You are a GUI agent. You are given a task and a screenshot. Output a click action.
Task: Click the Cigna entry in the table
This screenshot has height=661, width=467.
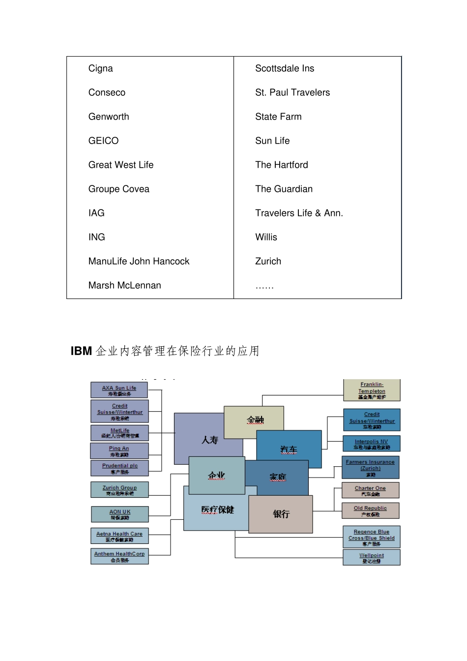[101, 68]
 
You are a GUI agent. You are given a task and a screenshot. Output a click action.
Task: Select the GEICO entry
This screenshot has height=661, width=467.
[103, 141]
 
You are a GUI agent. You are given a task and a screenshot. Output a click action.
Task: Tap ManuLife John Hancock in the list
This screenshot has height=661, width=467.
[139, 261]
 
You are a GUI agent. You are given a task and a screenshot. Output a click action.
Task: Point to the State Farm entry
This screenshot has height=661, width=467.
[278, 117]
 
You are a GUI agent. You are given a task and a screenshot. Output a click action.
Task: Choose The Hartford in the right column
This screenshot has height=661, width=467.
[282, 165]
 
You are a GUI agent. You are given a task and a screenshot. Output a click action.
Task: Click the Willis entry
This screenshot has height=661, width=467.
[266, 237]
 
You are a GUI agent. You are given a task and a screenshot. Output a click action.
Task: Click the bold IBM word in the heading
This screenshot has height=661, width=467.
[81, 351]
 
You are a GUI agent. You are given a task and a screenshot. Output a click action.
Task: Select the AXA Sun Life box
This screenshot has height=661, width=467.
[119, 391]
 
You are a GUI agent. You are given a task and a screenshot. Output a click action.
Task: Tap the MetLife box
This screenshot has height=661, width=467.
[119, 433]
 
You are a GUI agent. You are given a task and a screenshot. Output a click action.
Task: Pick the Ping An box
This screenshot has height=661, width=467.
[119, 451]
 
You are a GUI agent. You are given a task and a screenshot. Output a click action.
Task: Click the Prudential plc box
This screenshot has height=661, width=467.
[119, 468]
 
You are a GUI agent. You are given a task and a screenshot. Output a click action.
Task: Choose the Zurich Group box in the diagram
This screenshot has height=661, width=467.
[119, 490]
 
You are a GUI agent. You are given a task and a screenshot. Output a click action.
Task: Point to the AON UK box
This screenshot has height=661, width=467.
[119, 514]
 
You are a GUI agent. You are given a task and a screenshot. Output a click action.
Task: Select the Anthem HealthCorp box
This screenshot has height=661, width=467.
[119, 556]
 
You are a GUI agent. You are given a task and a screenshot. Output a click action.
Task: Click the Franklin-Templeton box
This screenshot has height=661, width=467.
[372, 391]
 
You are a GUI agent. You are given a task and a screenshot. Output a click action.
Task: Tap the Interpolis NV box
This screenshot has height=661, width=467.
[372, 444]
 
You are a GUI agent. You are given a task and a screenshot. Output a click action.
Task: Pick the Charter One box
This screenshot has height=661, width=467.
[370, 490]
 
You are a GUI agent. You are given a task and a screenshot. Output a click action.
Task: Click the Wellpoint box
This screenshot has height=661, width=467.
[372, 558]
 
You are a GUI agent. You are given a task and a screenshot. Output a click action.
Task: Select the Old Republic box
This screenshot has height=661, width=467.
[370, 511]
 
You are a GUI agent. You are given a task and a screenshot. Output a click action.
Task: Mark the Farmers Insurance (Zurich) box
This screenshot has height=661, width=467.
[370, 468]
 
